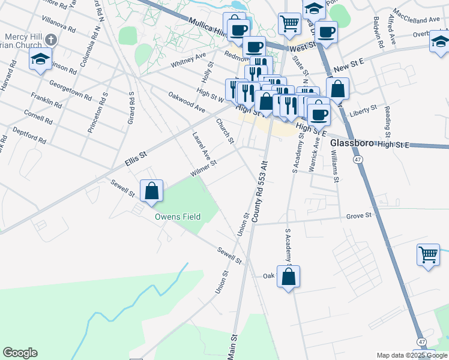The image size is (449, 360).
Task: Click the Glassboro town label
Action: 352,143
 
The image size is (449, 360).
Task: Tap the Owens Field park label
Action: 178,217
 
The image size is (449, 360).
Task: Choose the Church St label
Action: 225,131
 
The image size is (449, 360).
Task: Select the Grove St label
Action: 359,214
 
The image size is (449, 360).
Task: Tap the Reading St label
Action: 388,118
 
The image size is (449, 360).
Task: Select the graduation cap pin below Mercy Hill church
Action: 40,59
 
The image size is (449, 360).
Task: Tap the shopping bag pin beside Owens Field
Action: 152,191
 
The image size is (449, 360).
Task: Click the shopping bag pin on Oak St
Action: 288,277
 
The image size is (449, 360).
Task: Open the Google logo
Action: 20,353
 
